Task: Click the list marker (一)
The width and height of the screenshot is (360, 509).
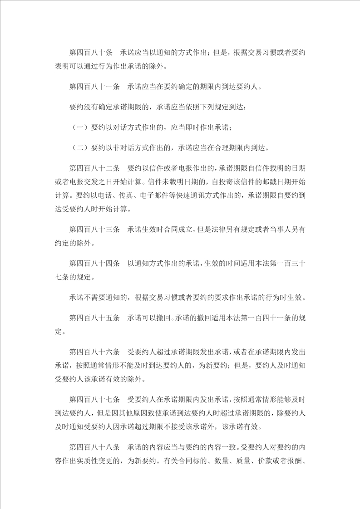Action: [80, 127]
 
